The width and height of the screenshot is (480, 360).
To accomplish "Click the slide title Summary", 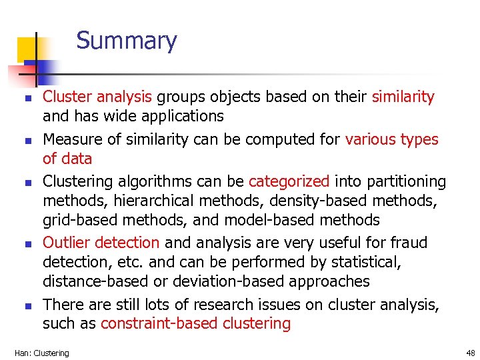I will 127,41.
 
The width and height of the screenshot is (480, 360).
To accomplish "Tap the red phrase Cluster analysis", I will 97,97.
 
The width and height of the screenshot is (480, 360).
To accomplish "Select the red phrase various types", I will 391,140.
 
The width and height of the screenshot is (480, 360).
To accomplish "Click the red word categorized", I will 289,181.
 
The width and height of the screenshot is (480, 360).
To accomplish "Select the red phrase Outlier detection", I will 101,243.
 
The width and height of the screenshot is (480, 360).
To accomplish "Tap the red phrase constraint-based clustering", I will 195,325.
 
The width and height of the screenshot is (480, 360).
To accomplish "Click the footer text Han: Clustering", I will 41,353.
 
